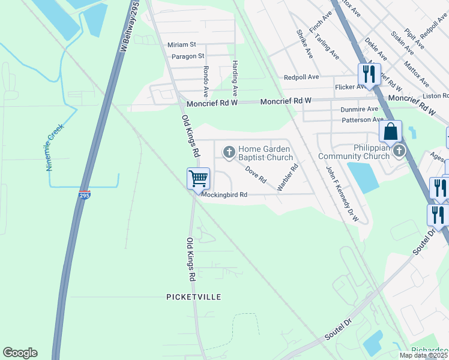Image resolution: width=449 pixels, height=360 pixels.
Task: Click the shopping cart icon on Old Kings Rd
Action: coord(198,178)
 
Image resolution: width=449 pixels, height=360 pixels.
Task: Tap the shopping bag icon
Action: coord(390,130)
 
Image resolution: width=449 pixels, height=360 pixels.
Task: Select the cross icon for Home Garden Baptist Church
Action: coord(229,152)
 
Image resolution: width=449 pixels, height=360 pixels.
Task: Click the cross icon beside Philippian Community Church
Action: coord(399,152)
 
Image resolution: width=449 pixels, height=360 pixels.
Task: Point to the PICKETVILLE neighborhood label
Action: coord(193,297)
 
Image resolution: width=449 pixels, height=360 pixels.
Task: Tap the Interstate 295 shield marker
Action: coord(85,196)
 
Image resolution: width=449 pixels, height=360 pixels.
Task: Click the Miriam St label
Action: coord(182,44)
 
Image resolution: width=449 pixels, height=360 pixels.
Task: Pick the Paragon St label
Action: coord(187,56)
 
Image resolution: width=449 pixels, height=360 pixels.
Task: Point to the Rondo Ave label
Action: coord(206,82)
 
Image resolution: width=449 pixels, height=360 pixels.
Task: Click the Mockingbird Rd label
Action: coord(224,194)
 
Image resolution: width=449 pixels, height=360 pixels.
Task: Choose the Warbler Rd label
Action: coord(288,179)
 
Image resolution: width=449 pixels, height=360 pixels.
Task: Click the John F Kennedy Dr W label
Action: coord(342,194)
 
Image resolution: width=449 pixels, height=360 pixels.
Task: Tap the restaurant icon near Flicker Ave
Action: coord(367,74)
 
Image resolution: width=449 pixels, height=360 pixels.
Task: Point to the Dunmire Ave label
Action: coord(360,109)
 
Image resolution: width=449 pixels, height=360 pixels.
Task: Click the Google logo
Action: coord(20,353)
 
